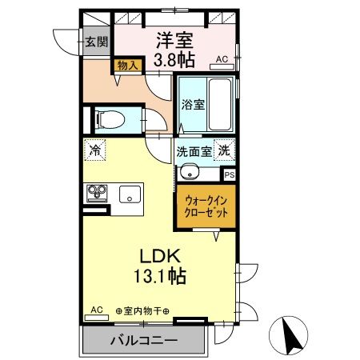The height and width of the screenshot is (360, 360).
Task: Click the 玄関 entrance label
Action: pos(97,42)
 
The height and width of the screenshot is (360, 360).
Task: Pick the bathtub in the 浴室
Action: pos(217,104)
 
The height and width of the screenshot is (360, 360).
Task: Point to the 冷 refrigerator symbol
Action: pos(95,150)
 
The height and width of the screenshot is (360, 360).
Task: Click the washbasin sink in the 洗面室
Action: pos(190,170)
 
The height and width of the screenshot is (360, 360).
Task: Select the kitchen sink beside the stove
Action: pos(129,194)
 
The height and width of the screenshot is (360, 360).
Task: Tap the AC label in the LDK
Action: pos(96,309)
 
